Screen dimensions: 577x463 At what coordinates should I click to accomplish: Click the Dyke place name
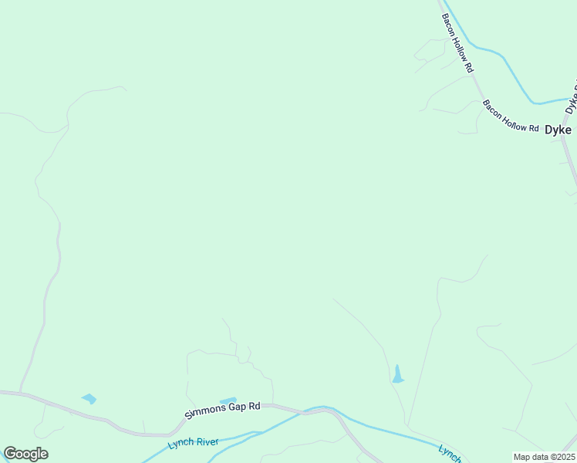pyautogui.click(x=558, y=130)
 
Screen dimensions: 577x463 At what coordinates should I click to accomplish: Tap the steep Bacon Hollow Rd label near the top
pyautogui.click(x=457, y=43)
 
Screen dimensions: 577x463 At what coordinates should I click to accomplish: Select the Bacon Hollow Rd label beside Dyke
pyautogui.click(x=511, y=116)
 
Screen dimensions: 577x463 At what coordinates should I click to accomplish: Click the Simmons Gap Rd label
pyautogui.click(x=223, y=411)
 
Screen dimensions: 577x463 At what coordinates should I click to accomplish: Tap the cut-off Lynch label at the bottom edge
pyautogui.click(x=450, y=454)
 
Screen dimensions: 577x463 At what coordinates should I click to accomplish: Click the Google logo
pyautogui.click(x=25, y=454)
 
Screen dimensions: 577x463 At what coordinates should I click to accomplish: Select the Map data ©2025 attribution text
pyautogui.click(x=544, y=457)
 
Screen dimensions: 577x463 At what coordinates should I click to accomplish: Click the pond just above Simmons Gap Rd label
pyautogui.click(x=228, y=400)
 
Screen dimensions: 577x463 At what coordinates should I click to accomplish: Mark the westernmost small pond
pyautogui.click(x=89, y=399)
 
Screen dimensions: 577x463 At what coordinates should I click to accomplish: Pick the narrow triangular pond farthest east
pyautogui.click(x=397, y=375)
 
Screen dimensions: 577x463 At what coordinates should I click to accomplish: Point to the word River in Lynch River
pyautogui.click(x=207, y=443)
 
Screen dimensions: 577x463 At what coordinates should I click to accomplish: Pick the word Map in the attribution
pyautogui.click(x=522, y=457)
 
